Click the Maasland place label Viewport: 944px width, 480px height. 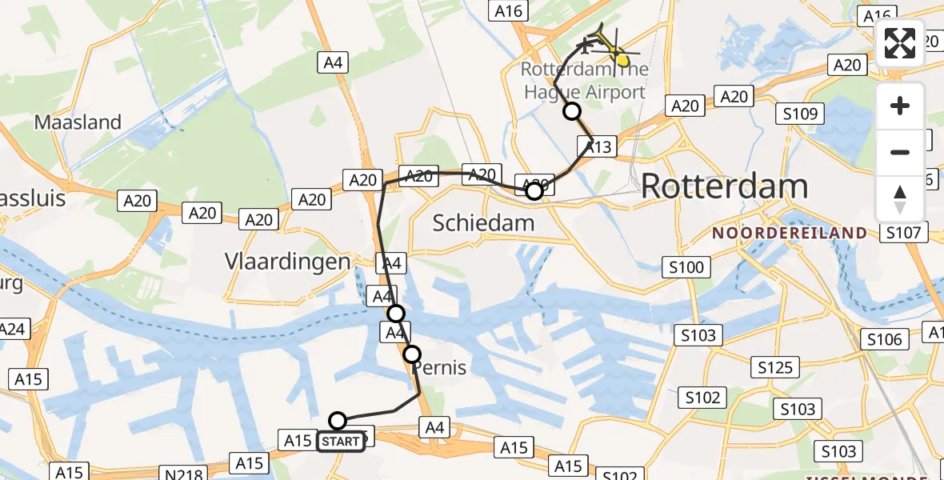click(78, 122)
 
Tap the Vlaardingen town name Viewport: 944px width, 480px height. click(287, 262)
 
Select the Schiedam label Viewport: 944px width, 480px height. click(483, 222)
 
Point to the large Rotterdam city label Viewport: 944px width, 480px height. click(724, 186)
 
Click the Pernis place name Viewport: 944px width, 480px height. click(438, 368)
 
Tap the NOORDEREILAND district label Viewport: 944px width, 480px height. click(790, 234)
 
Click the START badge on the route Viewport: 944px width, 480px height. click(341, 442)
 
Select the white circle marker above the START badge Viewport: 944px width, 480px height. click(338, 421)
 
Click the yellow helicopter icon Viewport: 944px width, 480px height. click(617, 50)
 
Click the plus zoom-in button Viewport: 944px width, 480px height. click(900, 106)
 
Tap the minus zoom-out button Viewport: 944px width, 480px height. click(900, 152)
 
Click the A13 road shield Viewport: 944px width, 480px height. click(597, 146)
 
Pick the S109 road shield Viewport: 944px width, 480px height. click(799, 114)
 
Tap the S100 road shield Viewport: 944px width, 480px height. click(686, 266)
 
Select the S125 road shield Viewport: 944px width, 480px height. click(774, 367)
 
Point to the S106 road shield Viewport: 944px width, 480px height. click(885, 340)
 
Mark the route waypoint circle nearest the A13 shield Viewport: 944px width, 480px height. click(571, 111)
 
